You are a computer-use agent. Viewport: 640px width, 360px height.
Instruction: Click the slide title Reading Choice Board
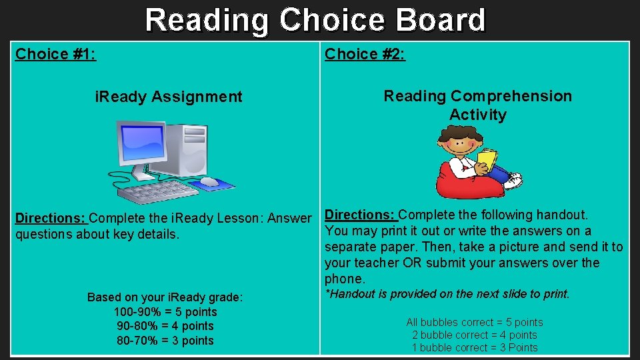click(x=315, y=20)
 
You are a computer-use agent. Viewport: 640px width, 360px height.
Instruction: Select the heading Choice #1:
click(x=55, y=54)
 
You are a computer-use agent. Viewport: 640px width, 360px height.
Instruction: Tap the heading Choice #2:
click(x=365, y=54)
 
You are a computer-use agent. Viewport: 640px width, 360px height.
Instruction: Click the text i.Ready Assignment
click(x=169, y=97)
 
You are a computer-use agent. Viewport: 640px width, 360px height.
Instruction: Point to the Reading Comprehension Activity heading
click(x=477, y=105)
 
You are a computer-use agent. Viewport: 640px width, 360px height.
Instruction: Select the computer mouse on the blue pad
click(x=209, y=181)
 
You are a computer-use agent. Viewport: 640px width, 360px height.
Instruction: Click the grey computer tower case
click(x=187, y=149)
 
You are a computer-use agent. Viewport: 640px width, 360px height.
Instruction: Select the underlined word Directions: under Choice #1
click(x=51, y=219)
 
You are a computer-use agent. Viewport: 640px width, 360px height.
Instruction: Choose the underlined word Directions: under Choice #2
click(x=360, y=215)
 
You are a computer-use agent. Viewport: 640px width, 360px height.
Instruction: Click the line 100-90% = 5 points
click(x=165, y=312)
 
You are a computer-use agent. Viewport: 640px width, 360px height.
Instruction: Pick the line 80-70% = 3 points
click(x=165, y=341)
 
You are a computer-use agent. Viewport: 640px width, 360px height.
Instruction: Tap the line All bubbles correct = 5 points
click(x=475, y=323)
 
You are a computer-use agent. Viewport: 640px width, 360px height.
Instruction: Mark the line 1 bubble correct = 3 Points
click(x=475, y=347)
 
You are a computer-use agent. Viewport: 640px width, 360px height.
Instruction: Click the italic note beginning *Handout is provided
click(x=447, y=294)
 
